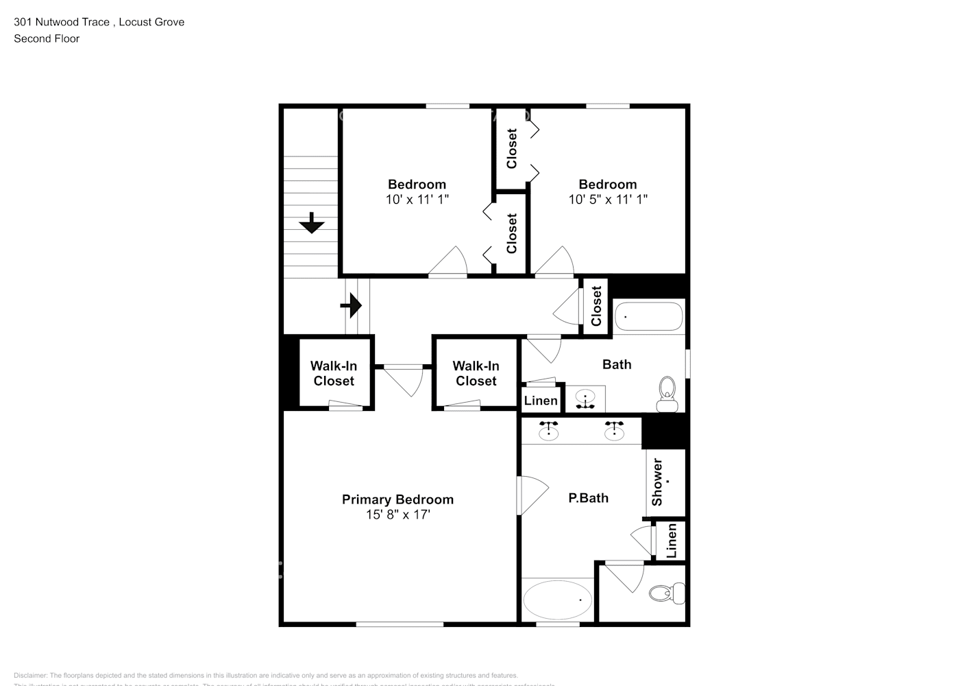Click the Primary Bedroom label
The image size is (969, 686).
397,499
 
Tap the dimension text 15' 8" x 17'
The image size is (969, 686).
397,514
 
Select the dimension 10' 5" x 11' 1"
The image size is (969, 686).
607,200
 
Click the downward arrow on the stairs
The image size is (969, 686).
312,223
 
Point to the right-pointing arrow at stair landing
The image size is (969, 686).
352,305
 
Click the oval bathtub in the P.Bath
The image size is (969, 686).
558,600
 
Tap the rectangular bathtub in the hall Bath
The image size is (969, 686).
648,317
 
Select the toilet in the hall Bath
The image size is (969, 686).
666,394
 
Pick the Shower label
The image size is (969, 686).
657,482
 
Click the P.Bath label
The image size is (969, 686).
588,498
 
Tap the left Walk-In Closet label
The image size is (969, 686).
334,374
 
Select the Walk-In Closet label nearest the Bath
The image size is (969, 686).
476,374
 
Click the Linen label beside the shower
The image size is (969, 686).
672,541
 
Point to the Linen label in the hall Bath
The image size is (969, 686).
541,401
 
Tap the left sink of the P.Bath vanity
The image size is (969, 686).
548,430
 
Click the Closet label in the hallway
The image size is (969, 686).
596,306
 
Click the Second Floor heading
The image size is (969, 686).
47,38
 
